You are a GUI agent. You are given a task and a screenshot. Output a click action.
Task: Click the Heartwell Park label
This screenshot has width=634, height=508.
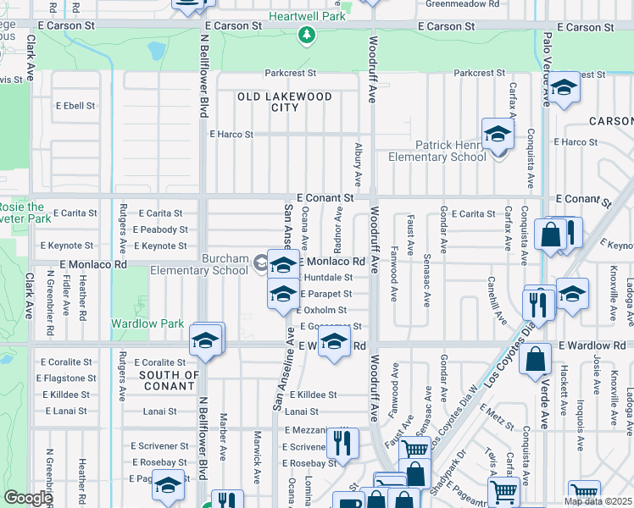pyautogui.click(x=308, y=16)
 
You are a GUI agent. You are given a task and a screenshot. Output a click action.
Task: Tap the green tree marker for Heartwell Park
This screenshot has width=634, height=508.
pyautogui.click(x=307, y=36)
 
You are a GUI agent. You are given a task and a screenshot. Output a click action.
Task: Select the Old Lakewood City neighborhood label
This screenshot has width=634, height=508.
pyautogui.click(x=284, y=102)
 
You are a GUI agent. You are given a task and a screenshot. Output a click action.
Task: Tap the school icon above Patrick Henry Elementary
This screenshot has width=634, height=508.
pyautogui.click(x=498, y=134)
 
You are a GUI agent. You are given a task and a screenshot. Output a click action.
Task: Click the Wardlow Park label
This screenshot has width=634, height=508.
pyautogui.click(x=147, y=323)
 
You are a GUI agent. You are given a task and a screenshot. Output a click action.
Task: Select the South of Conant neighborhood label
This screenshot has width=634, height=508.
pyautogui.click(x=169, y=381)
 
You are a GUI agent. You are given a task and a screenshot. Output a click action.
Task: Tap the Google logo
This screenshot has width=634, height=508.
pyautogui.click(x=28, y=497)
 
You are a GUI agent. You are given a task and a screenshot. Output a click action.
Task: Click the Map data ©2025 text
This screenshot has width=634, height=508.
pyautogui.click(x=597, y=501)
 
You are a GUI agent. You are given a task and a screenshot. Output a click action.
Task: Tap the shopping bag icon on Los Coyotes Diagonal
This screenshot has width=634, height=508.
pyautogui.click(x=537, y=359)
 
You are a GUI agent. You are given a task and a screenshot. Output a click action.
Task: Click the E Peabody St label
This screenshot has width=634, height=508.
pyautogui.click(x=160, y=229)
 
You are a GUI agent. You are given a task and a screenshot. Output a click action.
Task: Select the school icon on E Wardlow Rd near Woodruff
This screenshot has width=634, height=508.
pyautogui.click(x=335, y=343)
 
